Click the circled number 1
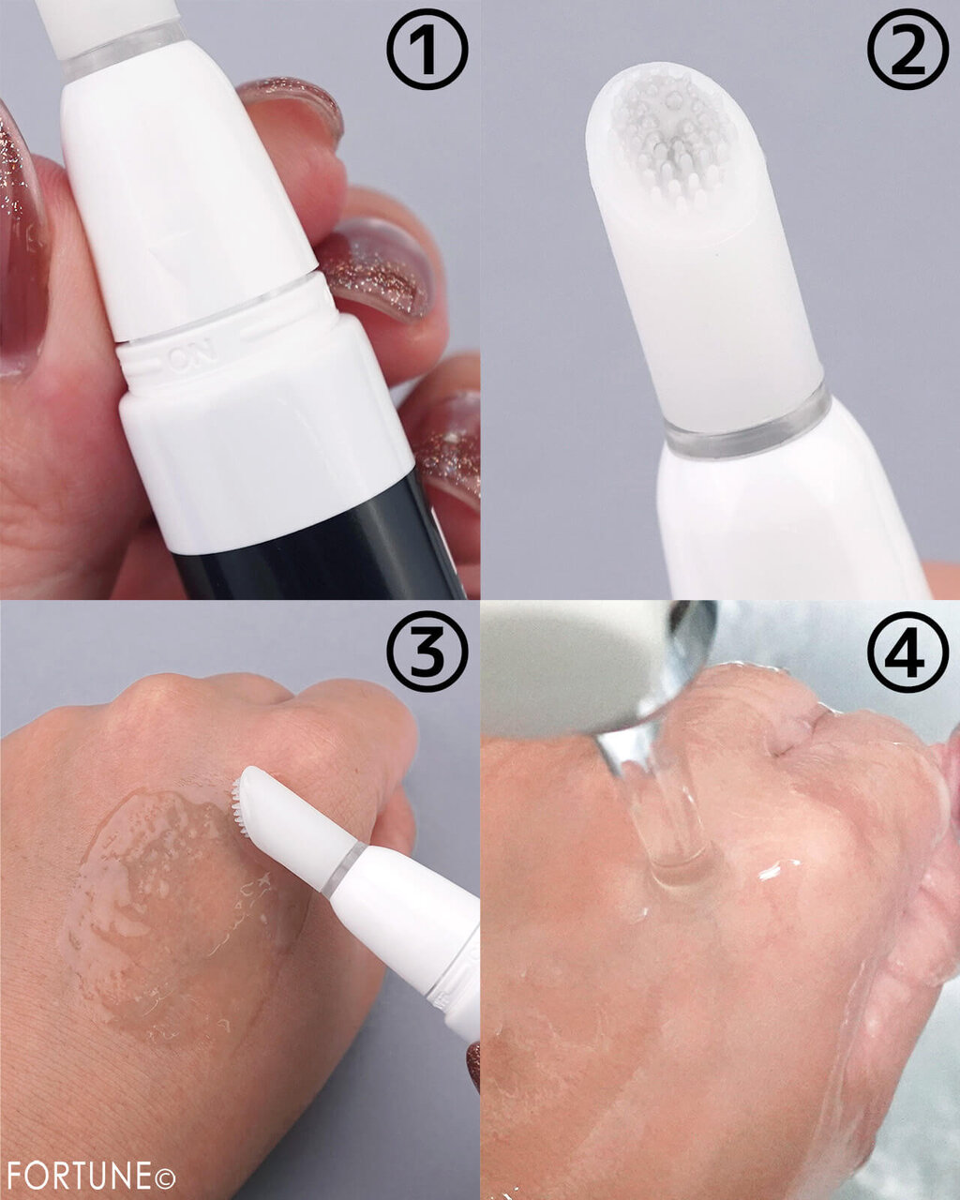point(427,50)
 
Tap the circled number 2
point(908,50)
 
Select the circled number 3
point(427,652)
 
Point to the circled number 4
point(908,652)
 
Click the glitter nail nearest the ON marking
point(374,268)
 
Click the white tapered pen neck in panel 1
point(184,195)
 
